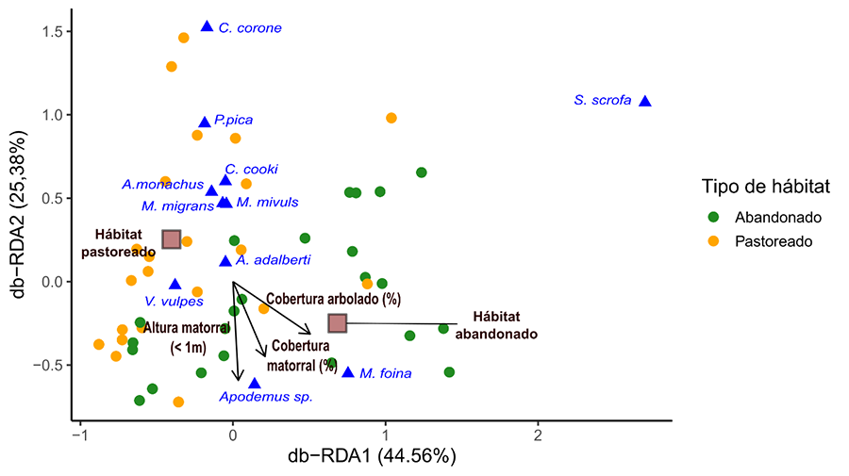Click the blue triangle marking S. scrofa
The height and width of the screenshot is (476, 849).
pos(645,101)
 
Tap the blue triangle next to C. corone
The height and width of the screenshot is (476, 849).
pos(207,26)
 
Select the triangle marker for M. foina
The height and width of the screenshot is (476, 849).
pos(348,372)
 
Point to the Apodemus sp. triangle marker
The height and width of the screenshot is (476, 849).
pos(254,384)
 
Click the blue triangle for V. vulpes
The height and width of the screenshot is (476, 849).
pos(175,284)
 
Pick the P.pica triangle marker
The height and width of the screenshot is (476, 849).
pos(205,123)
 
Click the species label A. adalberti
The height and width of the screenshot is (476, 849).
pos(274,260)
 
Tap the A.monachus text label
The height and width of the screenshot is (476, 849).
pos(162,185)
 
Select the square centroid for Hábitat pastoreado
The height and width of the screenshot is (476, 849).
pos(171,239)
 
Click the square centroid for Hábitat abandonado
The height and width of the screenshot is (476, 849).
pos(337,323)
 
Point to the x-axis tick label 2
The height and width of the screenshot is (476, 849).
pos(538,437)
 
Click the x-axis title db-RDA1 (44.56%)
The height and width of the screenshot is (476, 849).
pos(374,457)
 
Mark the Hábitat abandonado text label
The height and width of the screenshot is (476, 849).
pos(497,326)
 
